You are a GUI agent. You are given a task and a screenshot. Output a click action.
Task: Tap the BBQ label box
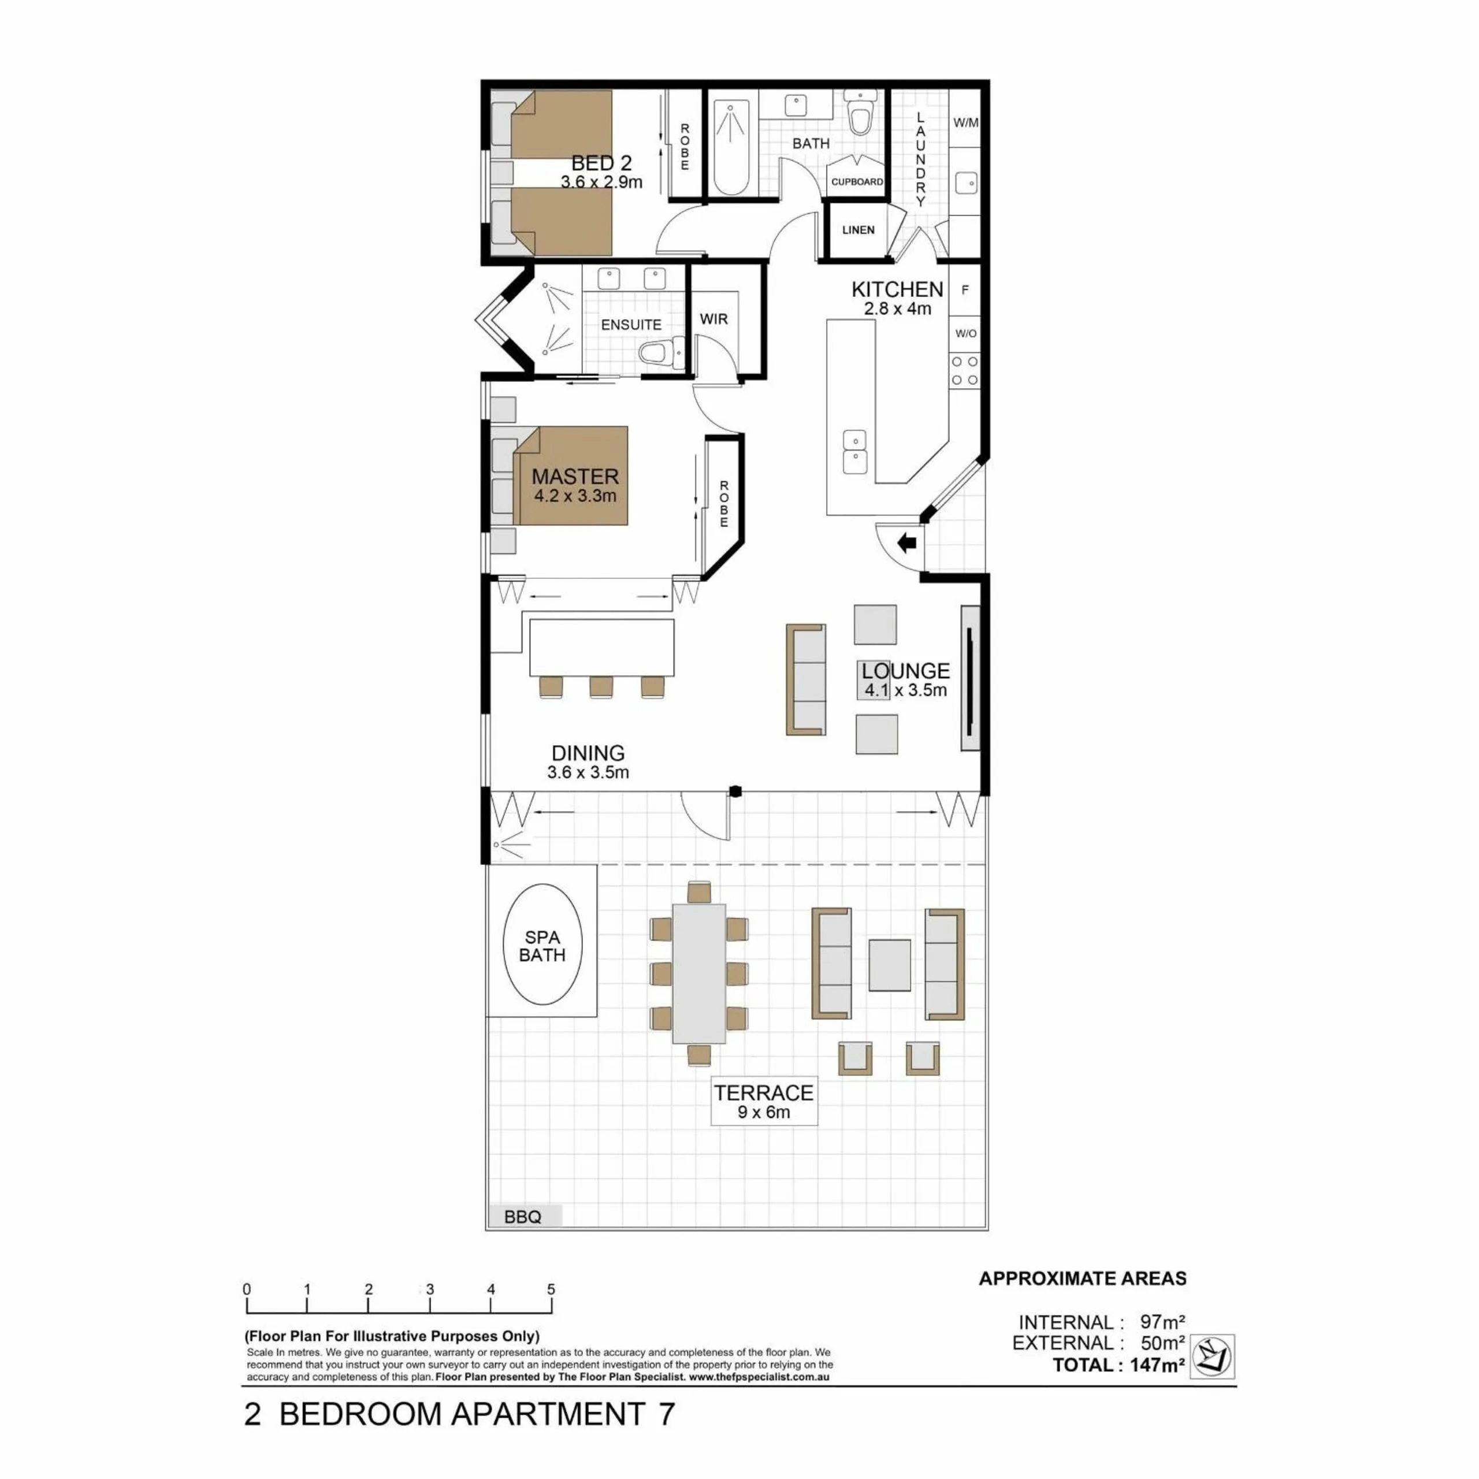(523, 1217)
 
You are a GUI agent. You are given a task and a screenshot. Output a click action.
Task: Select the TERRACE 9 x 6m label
(764, 1102)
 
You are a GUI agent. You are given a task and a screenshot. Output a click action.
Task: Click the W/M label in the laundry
(965, 122)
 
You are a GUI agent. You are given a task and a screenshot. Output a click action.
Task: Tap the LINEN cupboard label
(858, 230)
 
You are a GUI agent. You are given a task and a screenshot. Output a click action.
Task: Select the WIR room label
(714, 319)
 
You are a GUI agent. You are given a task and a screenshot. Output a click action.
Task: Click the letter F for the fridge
(965, 290)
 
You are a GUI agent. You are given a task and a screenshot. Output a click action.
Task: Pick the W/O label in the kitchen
(965, 334)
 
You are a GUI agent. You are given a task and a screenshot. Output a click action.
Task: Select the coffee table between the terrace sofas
(890, 965)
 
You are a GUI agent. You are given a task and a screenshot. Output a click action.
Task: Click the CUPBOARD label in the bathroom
(857, 182)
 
